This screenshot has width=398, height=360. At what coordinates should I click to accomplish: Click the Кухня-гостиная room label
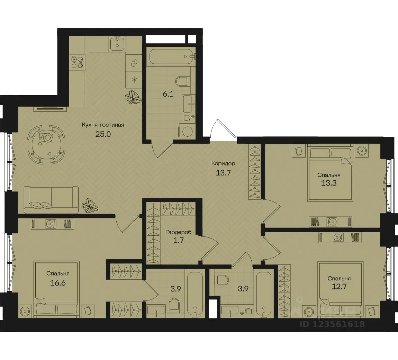click(103, 125)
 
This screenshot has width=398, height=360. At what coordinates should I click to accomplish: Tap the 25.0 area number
click(103, 134)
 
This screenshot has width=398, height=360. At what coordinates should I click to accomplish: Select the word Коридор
click(223, 163)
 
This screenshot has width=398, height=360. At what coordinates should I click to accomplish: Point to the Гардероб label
click(178, 232)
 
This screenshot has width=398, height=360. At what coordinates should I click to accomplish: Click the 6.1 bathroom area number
click(168, 95)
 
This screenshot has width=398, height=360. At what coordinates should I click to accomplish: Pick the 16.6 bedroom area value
click(58, 282)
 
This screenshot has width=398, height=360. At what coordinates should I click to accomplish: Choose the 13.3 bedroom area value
click(329, 183)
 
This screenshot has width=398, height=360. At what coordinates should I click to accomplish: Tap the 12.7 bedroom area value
click(339, 287)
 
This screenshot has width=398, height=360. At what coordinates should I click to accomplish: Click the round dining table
click(46, 145)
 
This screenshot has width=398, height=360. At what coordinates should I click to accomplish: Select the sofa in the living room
click(51, 200)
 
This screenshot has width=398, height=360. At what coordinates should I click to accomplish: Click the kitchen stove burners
click(78, 62)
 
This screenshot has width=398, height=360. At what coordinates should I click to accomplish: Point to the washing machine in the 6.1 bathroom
click(187, 131)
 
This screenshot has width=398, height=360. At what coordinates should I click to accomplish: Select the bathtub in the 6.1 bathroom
click(172, 56)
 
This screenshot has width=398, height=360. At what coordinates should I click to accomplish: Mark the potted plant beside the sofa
click(90, 205)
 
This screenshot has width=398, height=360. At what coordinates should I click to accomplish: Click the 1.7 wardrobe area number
click(178, 240)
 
